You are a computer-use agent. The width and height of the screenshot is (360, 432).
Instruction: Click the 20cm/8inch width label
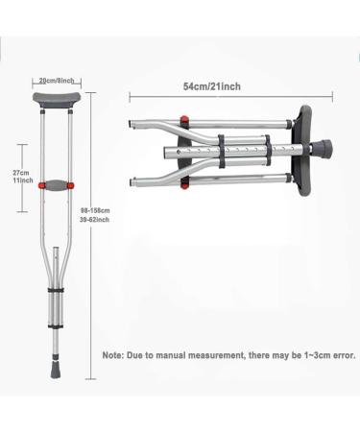pyautogui.click(x=53, y=81)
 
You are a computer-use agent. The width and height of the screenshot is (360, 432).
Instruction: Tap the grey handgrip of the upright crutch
pyautogui.click(x=54, y=184)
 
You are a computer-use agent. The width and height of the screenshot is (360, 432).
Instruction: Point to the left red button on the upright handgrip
pyautogui.click(x=38, y=184)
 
